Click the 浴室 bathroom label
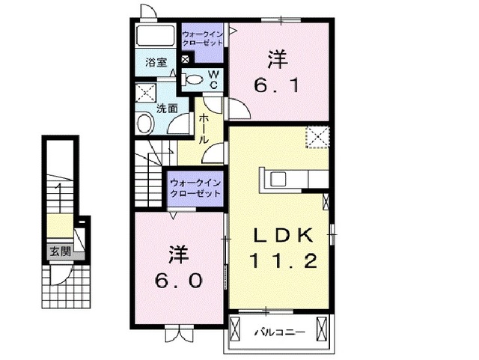click(156, 63)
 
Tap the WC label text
click(213, 79)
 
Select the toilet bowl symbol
click(192, 79)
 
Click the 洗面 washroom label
click(167, 108)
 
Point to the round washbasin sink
click(144, 120)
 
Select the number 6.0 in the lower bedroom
click(177, 281)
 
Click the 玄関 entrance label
click(61, 251)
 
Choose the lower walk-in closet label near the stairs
click(195, 187)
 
